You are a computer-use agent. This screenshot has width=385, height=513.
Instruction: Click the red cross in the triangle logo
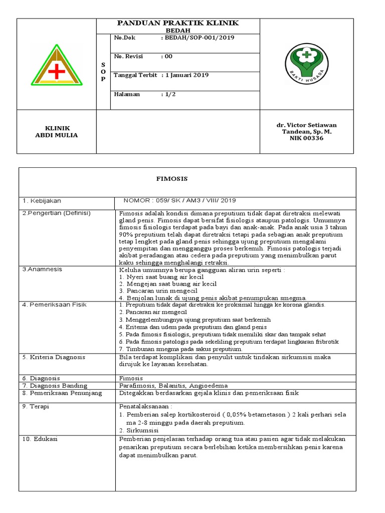coord(57,72)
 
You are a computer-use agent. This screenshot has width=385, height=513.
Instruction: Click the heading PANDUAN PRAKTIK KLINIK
coord(178,23)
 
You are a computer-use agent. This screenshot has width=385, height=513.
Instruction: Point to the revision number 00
coord(168,57)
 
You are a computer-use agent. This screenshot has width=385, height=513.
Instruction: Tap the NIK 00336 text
coord(307,138)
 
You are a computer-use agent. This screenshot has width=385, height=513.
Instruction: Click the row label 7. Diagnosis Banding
coord(55,386)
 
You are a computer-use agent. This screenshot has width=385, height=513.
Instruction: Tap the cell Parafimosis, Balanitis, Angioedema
coord(173,386)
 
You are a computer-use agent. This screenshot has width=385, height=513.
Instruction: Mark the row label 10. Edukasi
coord(40,439)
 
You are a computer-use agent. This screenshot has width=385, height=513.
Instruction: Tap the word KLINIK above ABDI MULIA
coord(57,128)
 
